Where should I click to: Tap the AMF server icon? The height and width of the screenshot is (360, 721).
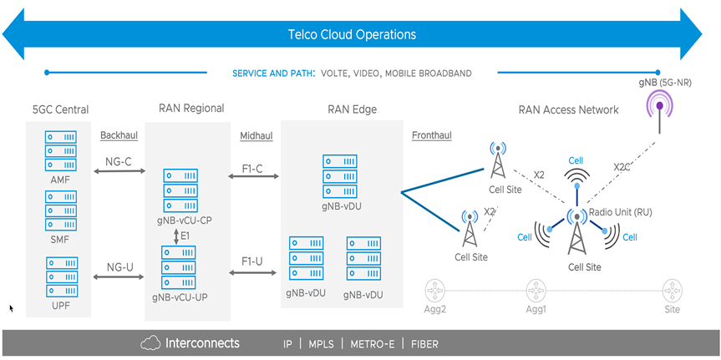pyautogui.click(x=60, y=150)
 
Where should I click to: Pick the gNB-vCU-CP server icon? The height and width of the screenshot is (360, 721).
pyautogui.click(x=180, y=190)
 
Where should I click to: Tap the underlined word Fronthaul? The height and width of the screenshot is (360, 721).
pyautogui.click(x=433, y=135)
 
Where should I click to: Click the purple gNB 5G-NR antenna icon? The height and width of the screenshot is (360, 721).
pyautogui.click(x=660, y=109)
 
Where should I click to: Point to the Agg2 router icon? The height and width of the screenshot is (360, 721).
pyautogui.click(x=434, y=292)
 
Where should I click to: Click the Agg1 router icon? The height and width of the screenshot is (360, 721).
pyautogui.click(x=536, y=292)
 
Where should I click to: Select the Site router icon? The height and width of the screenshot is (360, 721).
pyautogui.click(x=671, y=292)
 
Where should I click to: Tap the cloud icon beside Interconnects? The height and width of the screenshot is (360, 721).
pyautogui.click(x=150, y=343)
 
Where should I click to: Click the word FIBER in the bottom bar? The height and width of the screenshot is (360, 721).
pyautogui.click(x=424, y=344)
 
